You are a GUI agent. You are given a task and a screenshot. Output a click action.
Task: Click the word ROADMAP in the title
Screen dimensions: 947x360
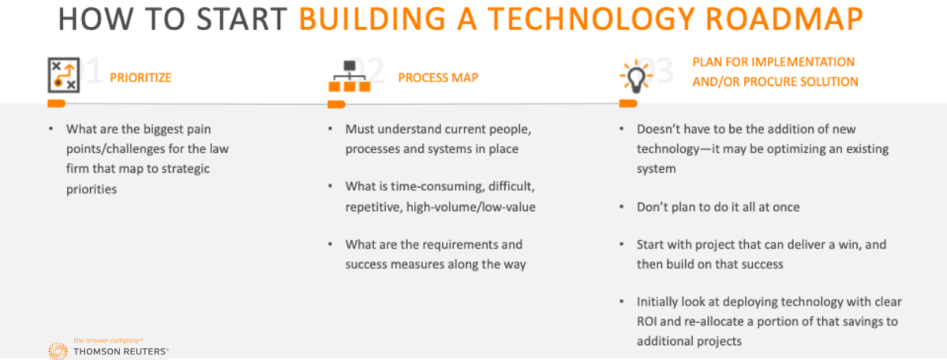(x=784, y=19)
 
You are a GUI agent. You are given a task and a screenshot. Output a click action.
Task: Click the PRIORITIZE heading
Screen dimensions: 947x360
(x=140, y=78)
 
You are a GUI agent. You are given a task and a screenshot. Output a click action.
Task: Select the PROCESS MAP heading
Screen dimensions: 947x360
(x=438, y=78)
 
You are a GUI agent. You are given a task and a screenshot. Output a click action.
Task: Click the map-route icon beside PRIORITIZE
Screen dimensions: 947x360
(x=63, y=75)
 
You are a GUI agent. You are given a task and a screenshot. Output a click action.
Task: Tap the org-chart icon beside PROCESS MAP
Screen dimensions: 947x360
(x=350, y=76)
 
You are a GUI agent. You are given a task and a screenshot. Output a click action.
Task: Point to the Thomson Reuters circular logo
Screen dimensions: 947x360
(x=58, y=351)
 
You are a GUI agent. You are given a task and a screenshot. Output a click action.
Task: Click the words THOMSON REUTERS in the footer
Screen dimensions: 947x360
(x=121, y=351)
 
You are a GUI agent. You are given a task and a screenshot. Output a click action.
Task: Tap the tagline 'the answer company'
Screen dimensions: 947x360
(x=108, y=340)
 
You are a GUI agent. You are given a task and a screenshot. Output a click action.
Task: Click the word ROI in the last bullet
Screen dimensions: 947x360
(x=646, y=321)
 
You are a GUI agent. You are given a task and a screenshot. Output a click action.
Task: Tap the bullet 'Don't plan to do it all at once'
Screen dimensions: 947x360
(x=718, y=207)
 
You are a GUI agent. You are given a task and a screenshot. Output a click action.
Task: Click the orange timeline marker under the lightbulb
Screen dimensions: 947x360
(x=628, y=103)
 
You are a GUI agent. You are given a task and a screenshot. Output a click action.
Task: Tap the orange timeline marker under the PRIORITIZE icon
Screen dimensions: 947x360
(x=56, y=103)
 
